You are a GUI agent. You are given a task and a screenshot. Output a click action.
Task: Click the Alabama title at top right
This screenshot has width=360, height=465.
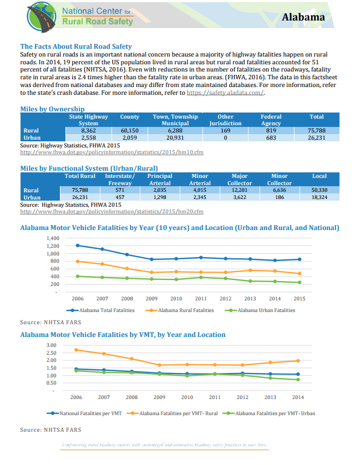pyautogui.click(x=303, y=17)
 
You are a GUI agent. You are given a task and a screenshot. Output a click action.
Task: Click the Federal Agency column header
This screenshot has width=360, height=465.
pyautogui.click(x=271, y=120)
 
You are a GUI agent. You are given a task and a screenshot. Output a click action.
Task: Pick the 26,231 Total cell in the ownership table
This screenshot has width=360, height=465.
pyautogui.click(x=317, y=137)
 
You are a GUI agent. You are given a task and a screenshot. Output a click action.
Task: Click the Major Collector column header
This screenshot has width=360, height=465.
pyautogui.click(x=240, y=179)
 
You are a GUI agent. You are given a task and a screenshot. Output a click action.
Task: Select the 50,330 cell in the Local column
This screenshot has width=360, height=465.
pyautogui.click(x=320, y=190)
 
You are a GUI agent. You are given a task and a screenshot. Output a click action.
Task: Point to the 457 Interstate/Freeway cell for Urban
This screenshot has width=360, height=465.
pyautogui.click(x=119, y=197)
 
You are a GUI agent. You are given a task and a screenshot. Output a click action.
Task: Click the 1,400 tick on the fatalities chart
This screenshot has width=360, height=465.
pyautogui.click(x=53, y=238)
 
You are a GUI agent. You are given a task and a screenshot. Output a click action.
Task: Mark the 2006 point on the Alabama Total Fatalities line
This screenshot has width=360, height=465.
pyautogui.click(x=78, y=245)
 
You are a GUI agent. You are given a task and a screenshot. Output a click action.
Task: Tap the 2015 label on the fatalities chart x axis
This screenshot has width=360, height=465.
pyautogui.click(x=300, y=299)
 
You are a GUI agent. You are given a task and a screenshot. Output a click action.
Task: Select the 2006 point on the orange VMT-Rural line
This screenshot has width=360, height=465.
pyautogui.click(x=76, y=350)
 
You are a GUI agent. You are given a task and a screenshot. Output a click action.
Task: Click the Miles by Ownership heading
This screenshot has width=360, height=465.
pyautogui.click(x=52, y=109)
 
